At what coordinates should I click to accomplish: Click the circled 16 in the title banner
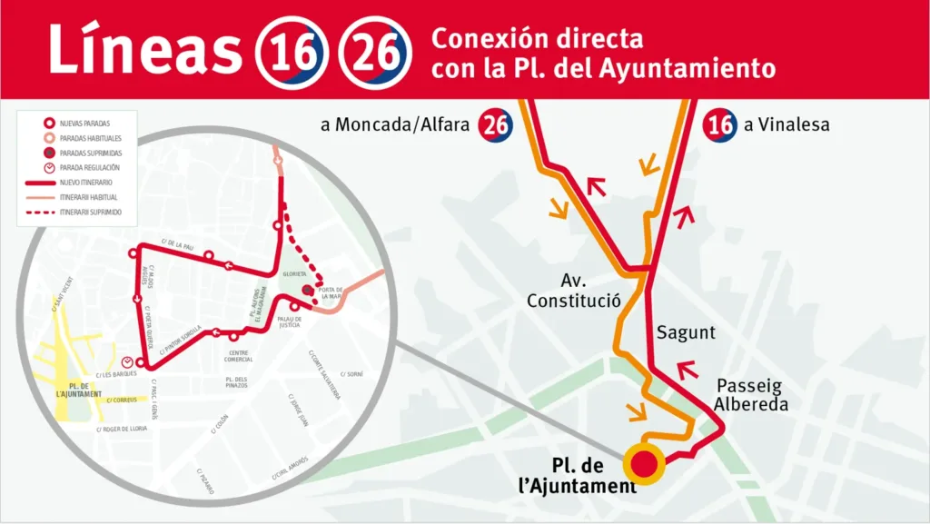coord(290,50)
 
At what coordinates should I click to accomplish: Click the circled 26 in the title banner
coord(371,50)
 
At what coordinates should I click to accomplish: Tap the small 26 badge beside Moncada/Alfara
coord(495,125)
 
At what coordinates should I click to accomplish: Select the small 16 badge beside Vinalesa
coord(720,125)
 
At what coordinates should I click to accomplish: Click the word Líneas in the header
coord(145,49)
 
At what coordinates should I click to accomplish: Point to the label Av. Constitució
coord(573,290)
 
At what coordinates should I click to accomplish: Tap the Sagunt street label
coord(686,332)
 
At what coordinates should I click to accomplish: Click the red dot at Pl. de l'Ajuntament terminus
coord(644,463)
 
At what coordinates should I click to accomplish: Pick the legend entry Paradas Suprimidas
coord(90,153)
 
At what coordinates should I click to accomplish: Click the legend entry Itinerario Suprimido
coord(90,212)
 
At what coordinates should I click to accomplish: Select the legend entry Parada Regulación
coord(90,167)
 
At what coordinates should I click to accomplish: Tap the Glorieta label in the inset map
coord(296,273)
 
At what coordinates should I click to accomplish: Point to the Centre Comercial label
coord(239,355)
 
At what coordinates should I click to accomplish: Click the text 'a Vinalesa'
coord(787,125)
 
